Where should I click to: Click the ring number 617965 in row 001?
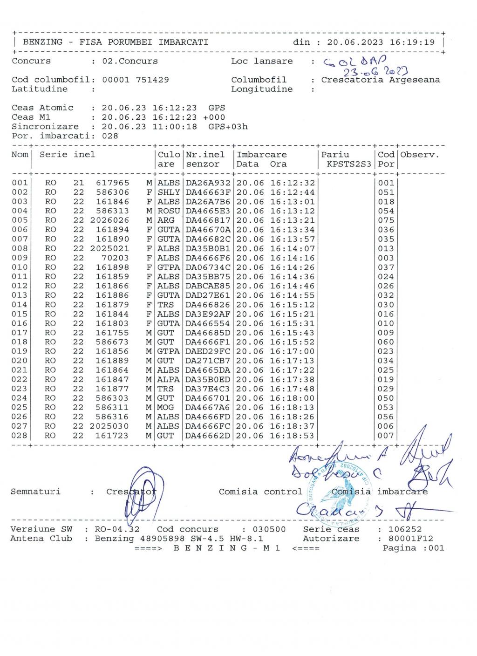[112, 183]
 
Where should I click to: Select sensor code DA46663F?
[208, 192]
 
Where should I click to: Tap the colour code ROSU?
[169, 211]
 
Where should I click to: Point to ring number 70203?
[115, 258]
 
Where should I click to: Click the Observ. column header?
[420, 155]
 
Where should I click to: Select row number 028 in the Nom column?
[20, 436]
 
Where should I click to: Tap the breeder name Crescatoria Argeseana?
[380, 80]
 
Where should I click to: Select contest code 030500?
[269, 529]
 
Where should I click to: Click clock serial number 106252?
[405, 529]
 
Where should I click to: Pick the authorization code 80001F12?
[411, 539]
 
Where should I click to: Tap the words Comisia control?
[260, 492]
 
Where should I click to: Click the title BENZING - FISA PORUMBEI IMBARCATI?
[116, 42]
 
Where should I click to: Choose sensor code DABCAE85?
[208, 286]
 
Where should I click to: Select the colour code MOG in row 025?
[165, 408]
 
